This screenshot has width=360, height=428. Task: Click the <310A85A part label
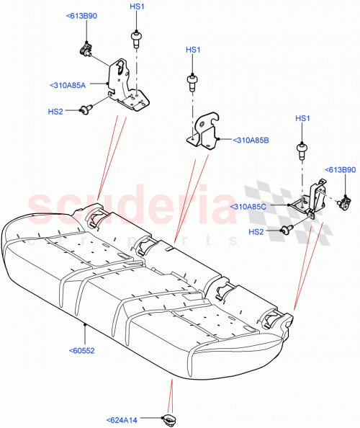(x=68, y=85)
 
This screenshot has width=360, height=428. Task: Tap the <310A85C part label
(x=249, y=207)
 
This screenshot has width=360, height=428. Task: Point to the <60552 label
(x=84, y=351)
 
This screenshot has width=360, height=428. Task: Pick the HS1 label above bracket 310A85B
(x=193, y=50)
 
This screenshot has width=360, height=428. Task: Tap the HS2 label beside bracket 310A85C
(x=256, y=231)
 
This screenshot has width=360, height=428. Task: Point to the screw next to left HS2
(x=86, y=109)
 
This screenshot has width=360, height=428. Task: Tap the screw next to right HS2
(x=285, y=230)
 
